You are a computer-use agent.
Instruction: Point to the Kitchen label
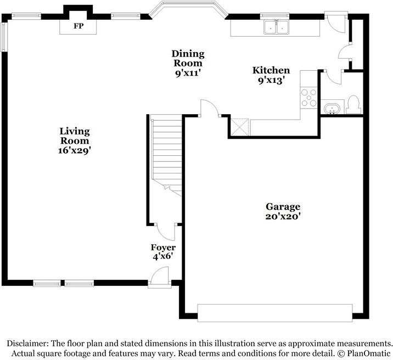click(271, 70)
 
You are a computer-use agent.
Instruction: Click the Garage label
click(283, 207)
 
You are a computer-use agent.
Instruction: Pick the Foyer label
click(163, 248)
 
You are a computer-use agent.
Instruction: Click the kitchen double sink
click(276, 27)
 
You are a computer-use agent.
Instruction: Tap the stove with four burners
click(309, 97)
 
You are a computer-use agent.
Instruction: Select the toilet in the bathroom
click(353, 103)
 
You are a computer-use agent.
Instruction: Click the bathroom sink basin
click(332, 108)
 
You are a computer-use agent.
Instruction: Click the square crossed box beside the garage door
click(240, 127)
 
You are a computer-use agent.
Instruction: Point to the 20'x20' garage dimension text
click(283, 217)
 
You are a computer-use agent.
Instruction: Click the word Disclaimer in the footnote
click(28, 342)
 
